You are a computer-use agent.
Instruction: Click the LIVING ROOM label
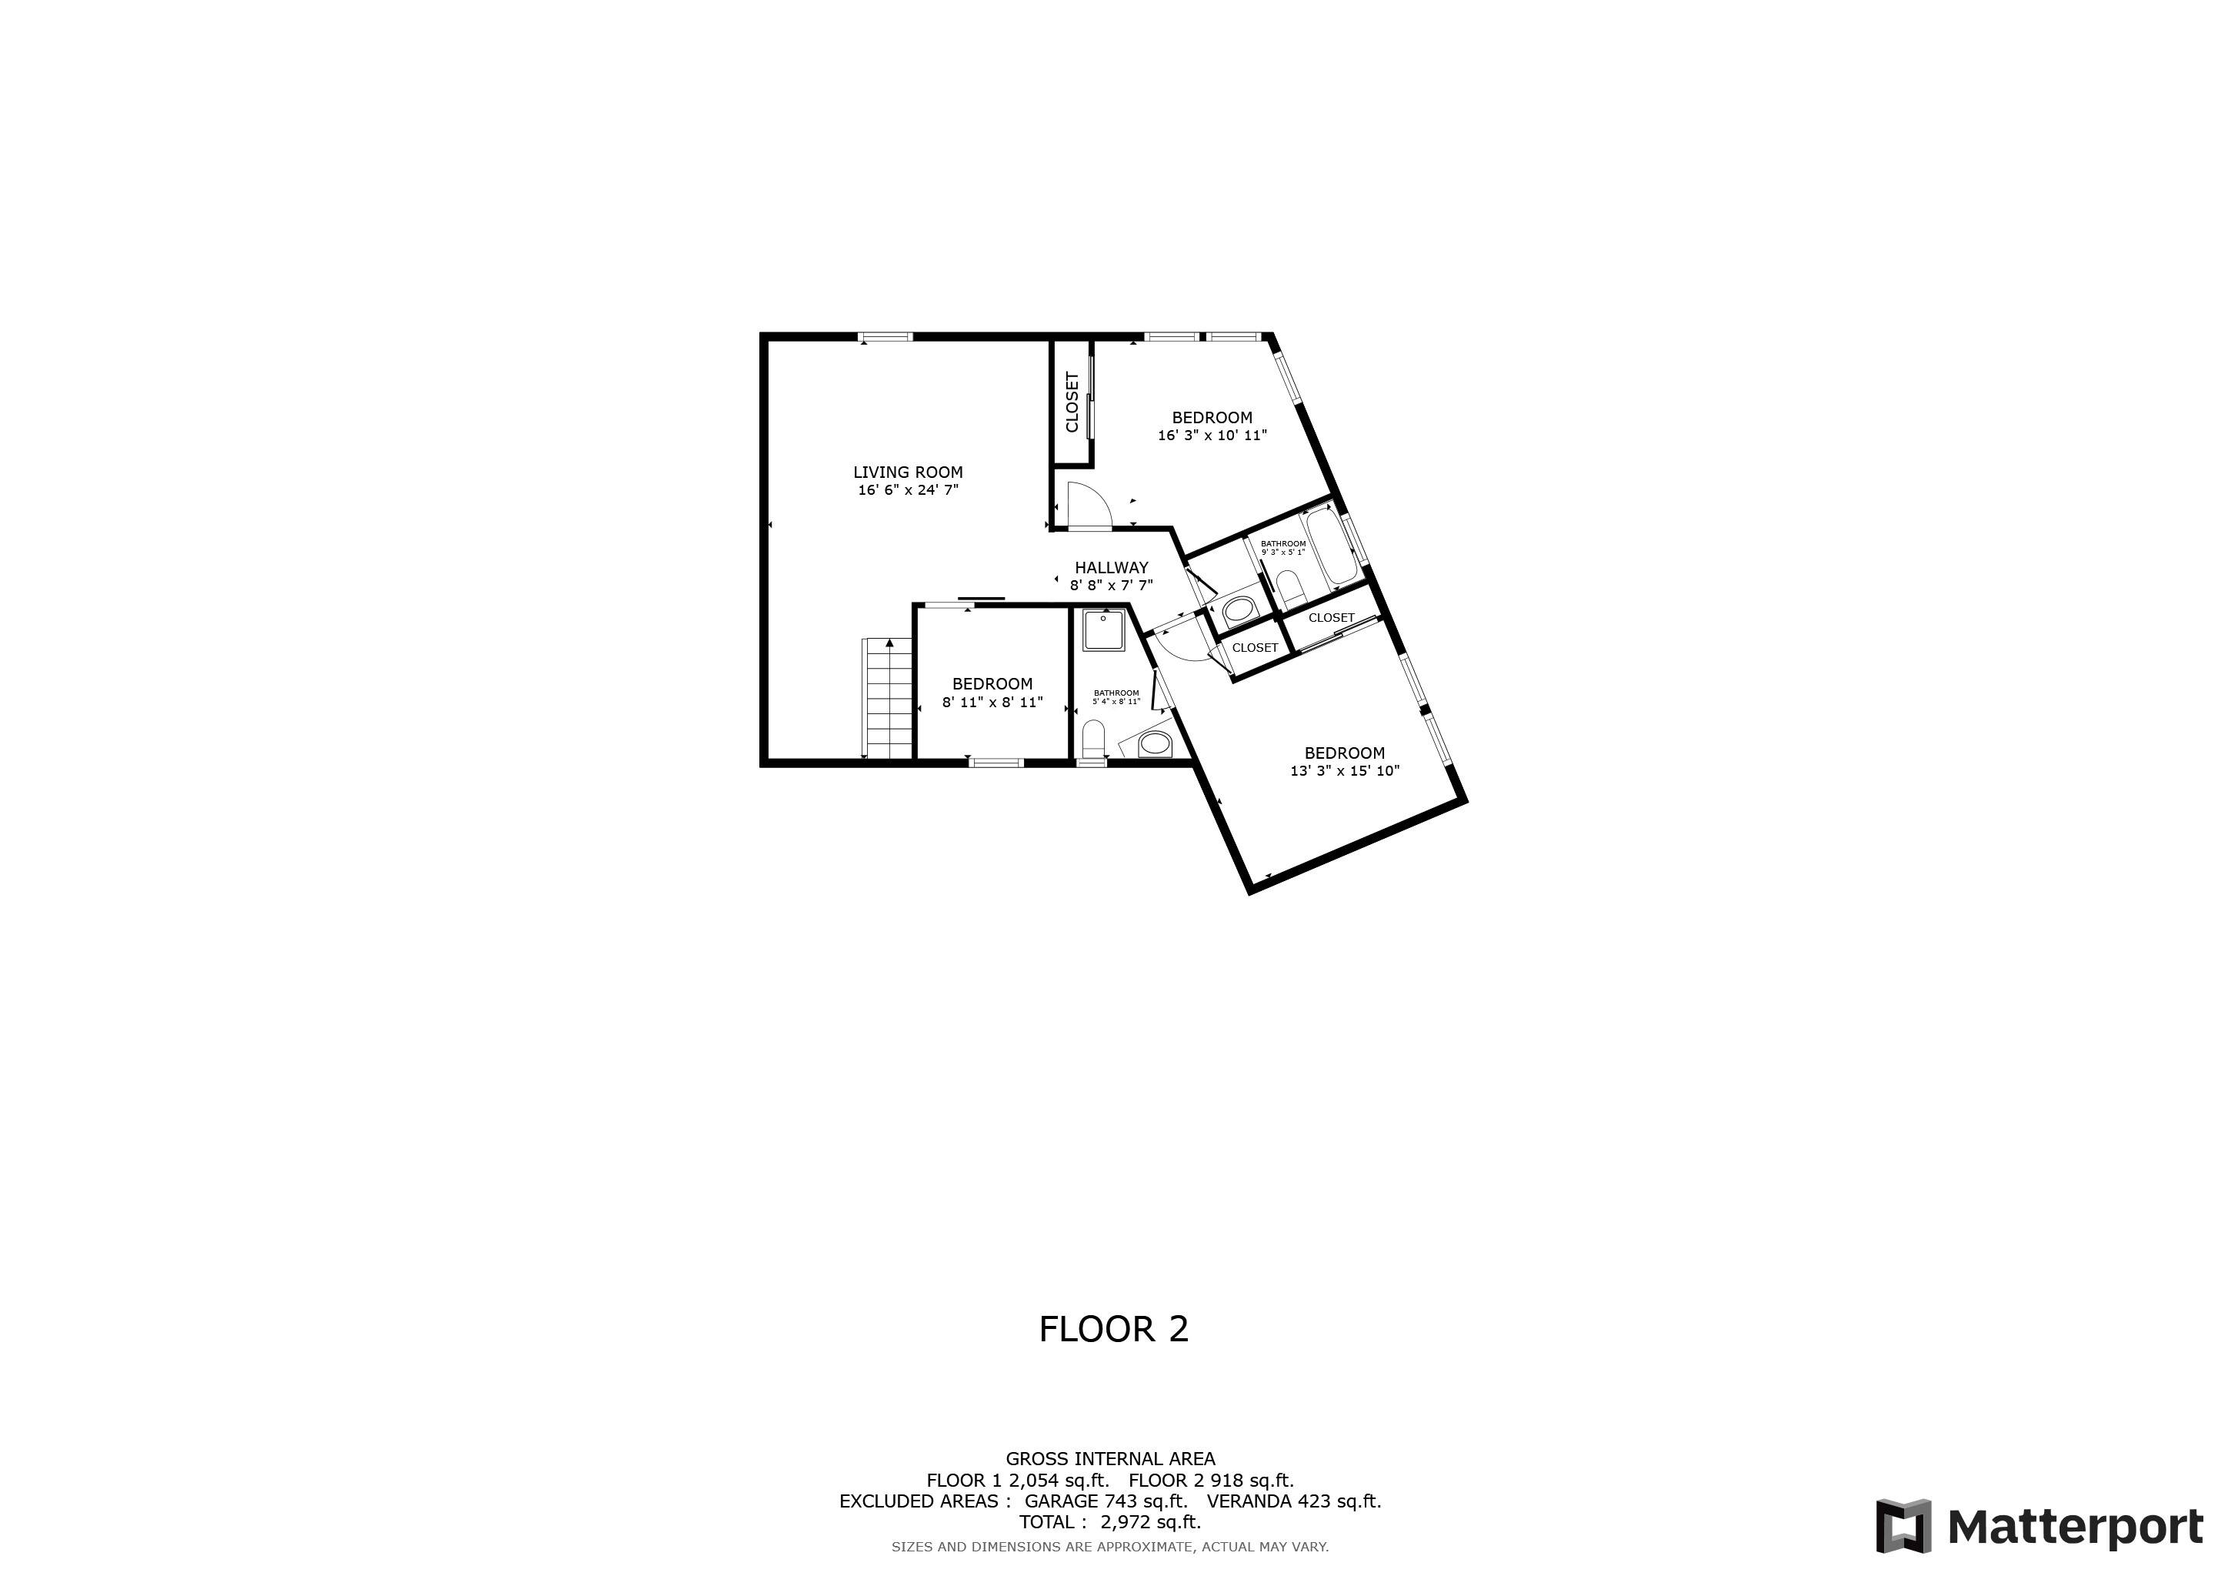[x=907, y=472]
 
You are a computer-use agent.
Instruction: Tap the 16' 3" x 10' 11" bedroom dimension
[x=1212, y=436]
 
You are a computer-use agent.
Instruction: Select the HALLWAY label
[x=1111, y=568]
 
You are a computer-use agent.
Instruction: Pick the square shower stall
[x=1104, y=629]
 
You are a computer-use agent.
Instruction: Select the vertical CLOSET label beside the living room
[x=1072, y=402]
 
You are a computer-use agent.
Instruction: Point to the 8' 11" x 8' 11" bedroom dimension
[x=992, y=702]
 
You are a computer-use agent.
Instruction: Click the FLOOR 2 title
[x=1113, y=1330]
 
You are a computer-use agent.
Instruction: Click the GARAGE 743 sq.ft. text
[x=1106, y=1501]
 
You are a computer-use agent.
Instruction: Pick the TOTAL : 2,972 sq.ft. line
[x=1109, y=1523]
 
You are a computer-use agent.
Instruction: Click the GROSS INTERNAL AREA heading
[x=1110, y=1458]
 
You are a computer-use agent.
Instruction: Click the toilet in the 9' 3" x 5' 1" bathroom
[x=1289, y=586]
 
